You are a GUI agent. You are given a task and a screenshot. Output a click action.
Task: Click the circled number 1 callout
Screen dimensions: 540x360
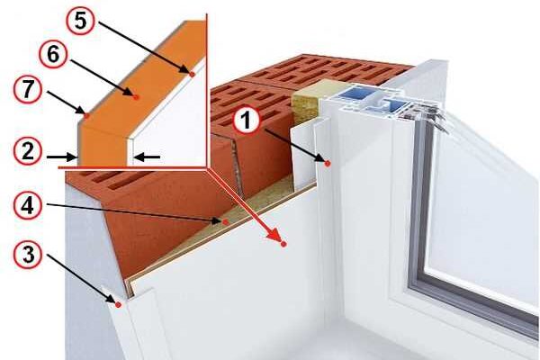[246, 121]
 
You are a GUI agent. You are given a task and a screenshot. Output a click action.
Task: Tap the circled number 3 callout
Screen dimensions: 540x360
[28, 255]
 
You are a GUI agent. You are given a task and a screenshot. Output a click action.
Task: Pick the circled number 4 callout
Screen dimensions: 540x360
[28, 206]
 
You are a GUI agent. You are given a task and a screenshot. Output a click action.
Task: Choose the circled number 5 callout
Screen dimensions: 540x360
[81, 21]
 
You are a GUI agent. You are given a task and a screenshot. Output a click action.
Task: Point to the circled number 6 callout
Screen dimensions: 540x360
[53, 54]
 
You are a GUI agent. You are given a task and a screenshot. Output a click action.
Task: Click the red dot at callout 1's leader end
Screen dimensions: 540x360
[328, 164]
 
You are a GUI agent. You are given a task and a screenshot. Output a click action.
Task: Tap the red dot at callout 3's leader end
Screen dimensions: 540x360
[118, 305]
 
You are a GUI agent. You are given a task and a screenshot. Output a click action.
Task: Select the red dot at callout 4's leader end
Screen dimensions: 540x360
[226, 222]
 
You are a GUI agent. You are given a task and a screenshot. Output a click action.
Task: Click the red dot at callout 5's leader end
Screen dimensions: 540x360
[193, 74]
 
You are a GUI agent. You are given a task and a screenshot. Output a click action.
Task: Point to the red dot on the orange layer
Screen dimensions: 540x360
[136, 97]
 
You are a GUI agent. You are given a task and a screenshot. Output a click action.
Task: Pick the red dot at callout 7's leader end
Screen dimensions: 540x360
[86, 116]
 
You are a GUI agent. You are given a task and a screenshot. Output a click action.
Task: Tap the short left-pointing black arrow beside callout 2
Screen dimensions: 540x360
[148, 157]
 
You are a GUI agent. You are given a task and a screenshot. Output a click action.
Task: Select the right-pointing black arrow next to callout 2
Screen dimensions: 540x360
[61, 157]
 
